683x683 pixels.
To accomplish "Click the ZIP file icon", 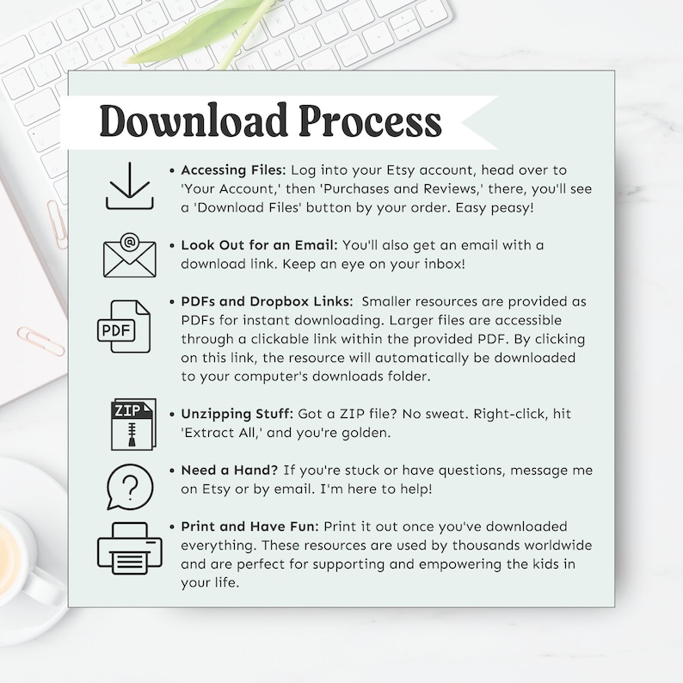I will pos(132,424).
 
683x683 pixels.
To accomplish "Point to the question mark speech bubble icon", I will pos(130,488).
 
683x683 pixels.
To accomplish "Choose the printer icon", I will pos(130,547).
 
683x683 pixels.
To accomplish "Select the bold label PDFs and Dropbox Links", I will pos(266,301).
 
